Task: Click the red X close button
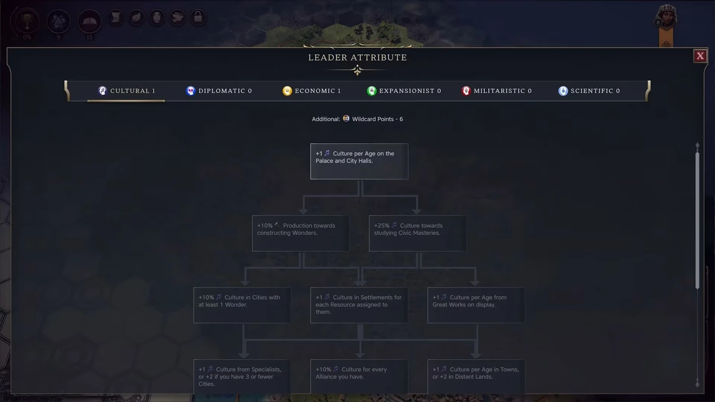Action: pyautogui.click(x=700, y=56)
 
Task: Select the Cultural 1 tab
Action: pyautogui.click(x=126, y=91)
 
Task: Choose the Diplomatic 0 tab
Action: pyautogui.click(x=219, y=91)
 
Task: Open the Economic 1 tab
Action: pyautogui.click(x=312, y=91)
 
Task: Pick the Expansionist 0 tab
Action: pyautogui.click(x=404, y=91)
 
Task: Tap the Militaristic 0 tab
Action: pyautogui.click(x=496, y=91)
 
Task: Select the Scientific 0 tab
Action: pyautogui.click(x=589, y=91)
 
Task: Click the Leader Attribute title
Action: pyautogui.click(x=357, y=58)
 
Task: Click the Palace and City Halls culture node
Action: pyautogui.click(x=359, y=161)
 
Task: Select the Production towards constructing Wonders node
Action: pyautogui.click(x=301, y=233)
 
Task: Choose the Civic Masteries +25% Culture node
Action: pyautogui.click(x=418, y=233)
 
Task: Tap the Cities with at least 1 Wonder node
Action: pyautogui.click(x=243, y=305)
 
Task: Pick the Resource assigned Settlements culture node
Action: pyautogui.click(x=359, y=305)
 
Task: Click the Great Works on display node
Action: pyautogui.click(x=476, y=305)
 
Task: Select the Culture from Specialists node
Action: pyautogui.click(x=243, y=376)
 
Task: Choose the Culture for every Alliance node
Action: pyautogui.click(x=359, y=376)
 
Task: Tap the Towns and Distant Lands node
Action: pyautogui.click(x=476, y=376)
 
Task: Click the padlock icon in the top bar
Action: pyautogui.click(x=198, y=18)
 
